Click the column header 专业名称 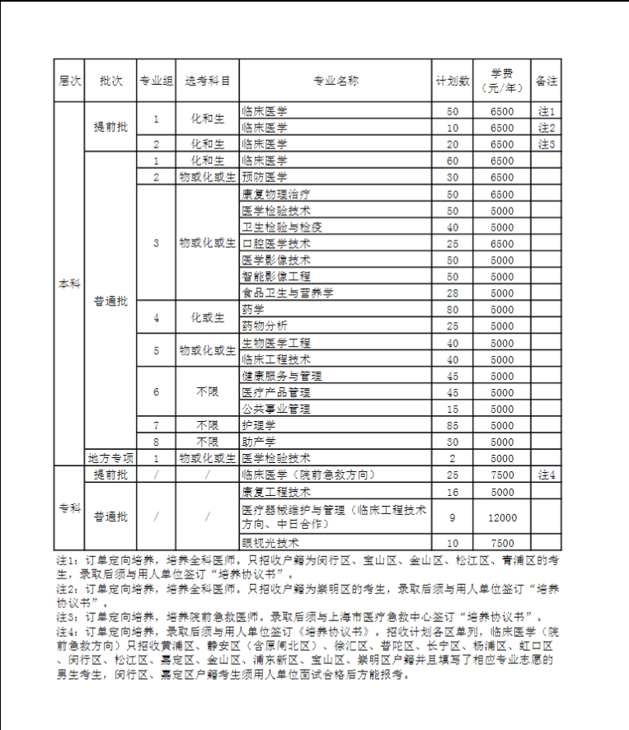[336, 81]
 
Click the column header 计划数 [453, 81]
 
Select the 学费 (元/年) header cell [502, 81]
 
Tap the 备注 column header [547, 81]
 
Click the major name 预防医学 [265, 177]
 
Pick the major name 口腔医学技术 [276, 244]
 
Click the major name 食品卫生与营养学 [287, 293]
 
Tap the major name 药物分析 [265, 325]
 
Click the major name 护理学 [259, 425]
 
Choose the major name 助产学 [259, 442]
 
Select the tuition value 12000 [502, 517]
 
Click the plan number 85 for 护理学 [453, 425]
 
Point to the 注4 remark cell [547, 475]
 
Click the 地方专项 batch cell [110, 458]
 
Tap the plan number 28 [453, 293]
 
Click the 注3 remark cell [547, 144]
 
